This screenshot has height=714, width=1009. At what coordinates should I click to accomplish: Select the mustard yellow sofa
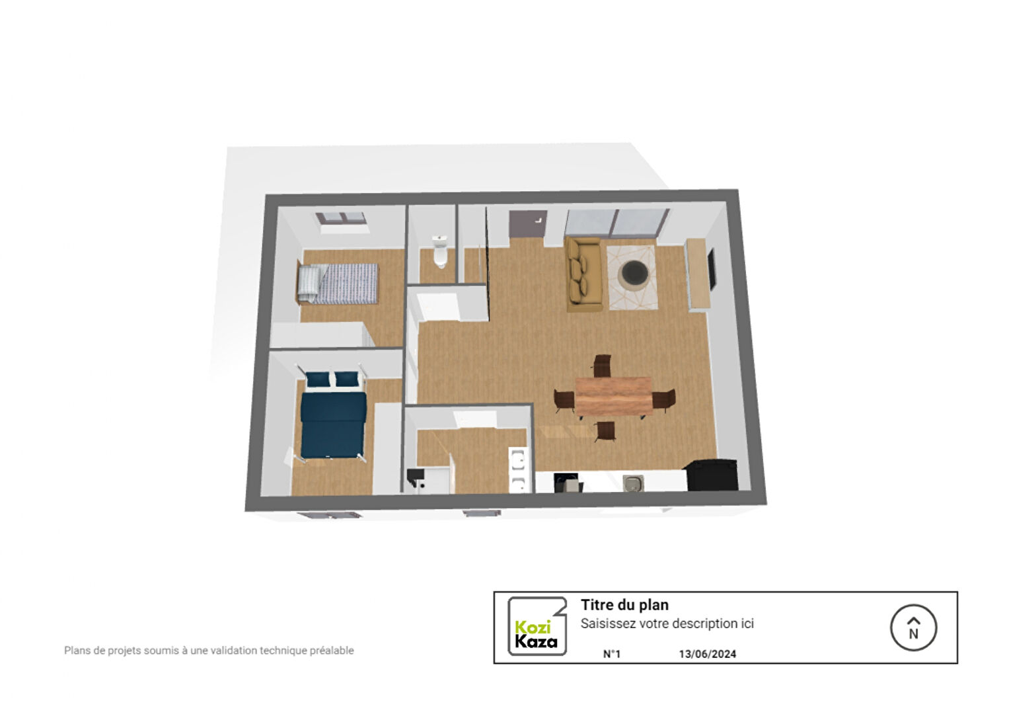click(x=583, y=274)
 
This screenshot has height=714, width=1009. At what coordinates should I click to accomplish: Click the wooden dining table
click(x=614, y=396)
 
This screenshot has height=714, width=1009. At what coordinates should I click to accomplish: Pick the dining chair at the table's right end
click(x=665, y=400)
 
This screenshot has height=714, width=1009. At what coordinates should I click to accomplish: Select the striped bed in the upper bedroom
click(x=338, y=284)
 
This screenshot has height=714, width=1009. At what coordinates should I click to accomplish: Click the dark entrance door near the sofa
click(x=528, y=224)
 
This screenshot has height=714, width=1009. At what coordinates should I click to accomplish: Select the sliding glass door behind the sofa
click(x=617, y=223)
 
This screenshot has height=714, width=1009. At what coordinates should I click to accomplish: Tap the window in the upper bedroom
click(x=341, y=218)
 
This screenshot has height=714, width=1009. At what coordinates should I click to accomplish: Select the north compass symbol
click(x=913, y=628)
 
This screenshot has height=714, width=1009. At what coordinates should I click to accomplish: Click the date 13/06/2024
click(x=708, y=654)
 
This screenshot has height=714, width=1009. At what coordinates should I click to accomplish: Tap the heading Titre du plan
click(x=625, y=605)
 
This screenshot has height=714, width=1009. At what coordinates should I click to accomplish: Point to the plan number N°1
click(x=612, y=654)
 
